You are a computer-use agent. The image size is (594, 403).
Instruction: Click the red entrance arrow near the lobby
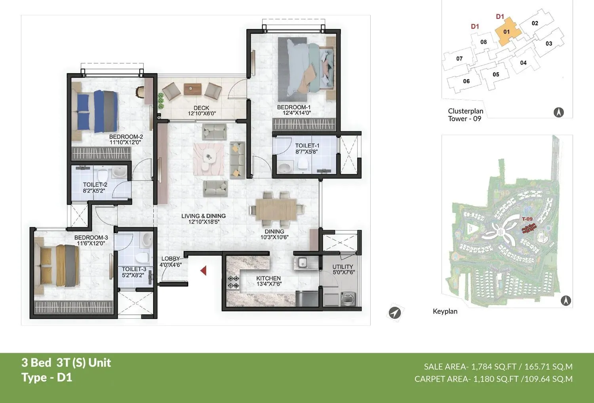[x=204, y=271]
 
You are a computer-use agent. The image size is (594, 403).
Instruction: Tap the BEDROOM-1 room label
[x=293, y=107]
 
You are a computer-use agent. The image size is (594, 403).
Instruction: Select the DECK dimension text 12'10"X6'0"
[x=202, y=114]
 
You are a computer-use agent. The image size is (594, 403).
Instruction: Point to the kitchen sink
[x=303, y=262]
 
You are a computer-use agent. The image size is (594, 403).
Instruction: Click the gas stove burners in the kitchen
[x=233, y=282]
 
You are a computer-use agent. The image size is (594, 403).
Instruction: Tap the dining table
[x=276, y=209]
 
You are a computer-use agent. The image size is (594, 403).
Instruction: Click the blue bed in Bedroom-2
[x=97, y=112]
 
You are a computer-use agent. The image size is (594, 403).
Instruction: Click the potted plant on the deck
[x=160, y=101]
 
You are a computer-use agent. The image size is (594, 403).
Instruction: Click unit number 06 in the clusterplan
[x=466, y=81]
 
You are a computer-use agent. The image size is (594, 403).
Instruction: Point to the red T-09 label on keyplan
[x=527, y=219]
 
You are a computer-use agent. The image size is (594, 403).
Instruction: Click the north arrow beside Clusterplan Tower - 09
[x=558, y=112]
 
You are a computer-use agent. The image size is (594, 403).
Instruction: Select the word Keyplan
[x=445, y=312]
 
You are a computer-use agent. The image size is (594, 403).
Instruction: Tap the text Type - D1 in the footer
[x=47, y=377]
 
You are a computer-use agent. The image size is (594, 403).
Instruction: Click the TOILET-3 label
[x=134, y=269]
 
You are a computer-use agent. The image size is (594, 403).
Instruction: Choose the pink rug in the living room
[x=208, y=158]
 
